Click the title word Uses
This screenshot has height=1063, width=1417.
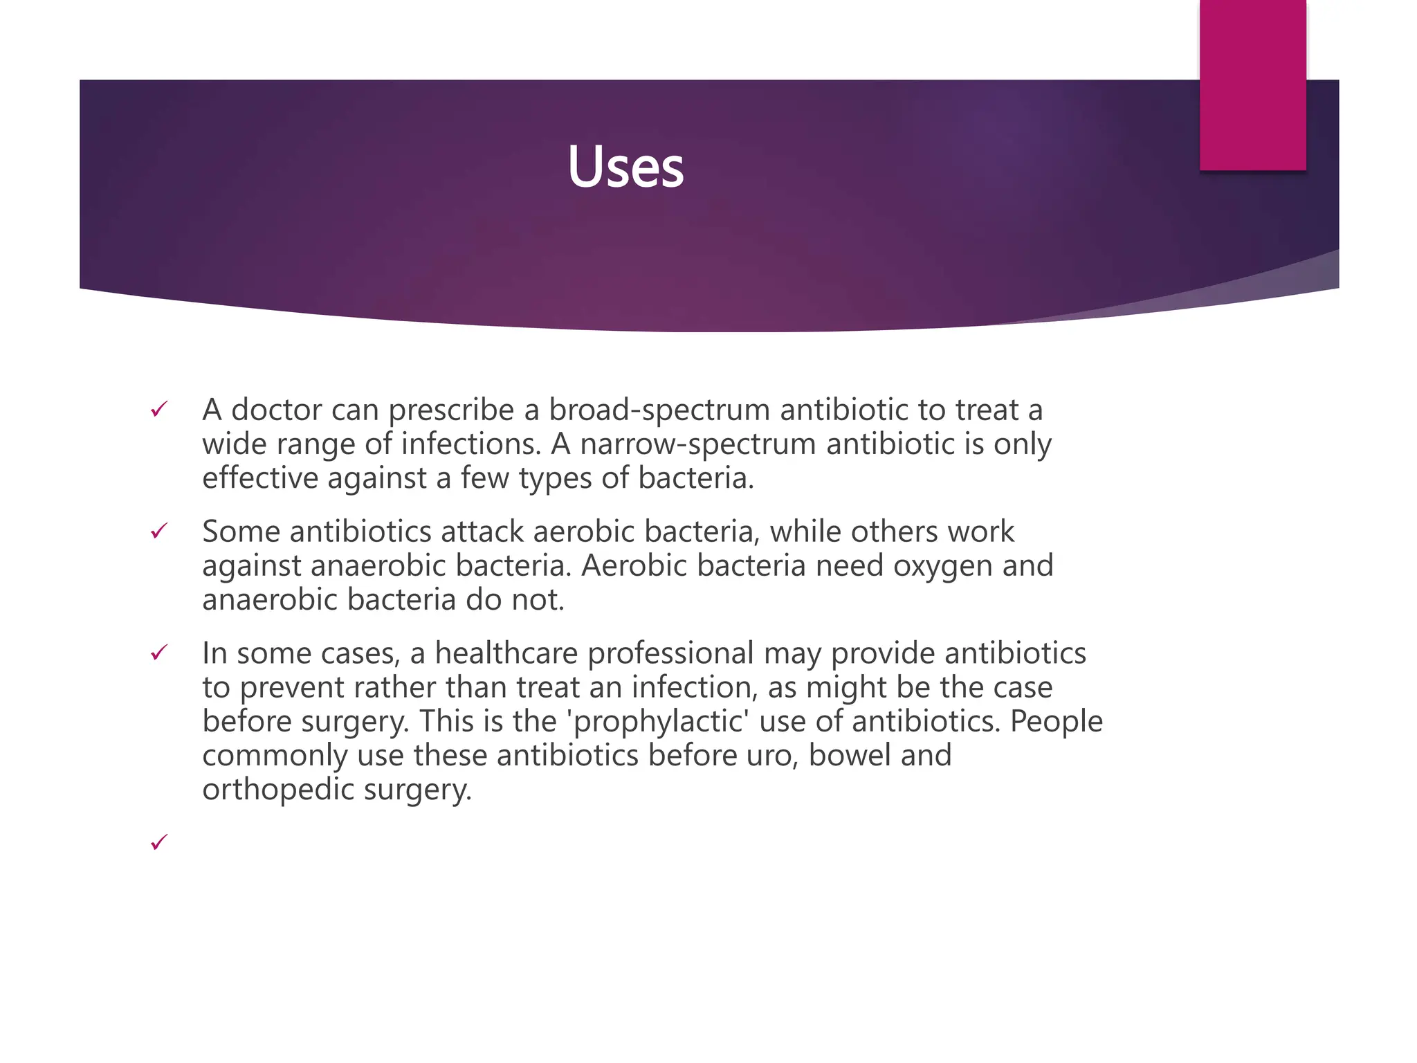(625, 167)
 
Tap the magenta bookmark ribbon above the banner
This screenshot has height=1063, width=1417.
(1252, 84)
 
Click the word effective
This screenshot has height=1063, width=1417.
(259, 478)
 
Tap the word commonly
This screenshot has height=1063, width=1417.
(275, 756)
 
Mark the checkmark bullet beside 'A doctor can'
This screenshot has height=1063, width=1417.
(159, 410)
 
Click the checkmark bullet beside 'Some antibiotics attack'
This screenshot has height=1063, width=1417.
(159, 531)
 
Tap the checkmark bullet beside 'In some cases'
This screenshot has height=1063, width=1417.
(159, 653)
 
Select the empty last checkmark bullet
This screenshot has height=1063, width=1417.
(159, 842)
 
